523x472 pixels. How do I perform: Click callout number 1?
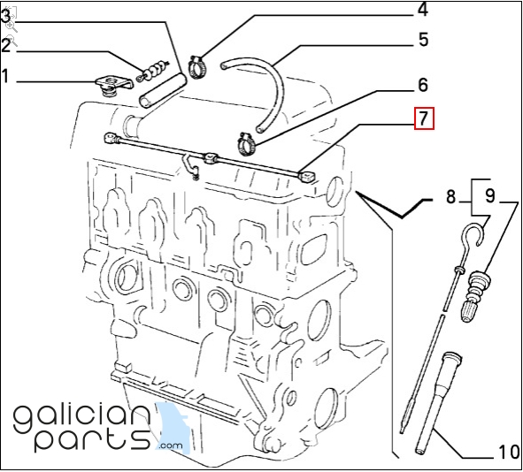click(4, 76)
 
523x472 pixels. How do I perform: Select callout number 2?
click(5, 45)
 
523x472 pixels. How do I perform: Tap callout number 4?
click(423, 10)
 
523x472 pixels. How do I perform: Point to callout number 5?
click(423, 39)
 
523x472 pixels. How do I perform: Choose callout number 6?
click(423, 85)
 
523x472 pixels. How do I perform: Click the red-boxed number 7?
click(424, 118)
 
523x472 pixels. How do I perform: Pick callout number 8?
click(450, 196)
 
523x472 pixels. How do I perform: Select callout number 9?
click(489, 196)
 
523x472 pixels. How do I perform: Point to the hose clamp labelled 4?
click(196, 67)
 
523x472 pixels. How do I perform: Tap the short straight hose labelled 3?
click(163, 91)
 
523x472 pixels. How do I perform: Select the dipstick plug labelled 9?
click(475, 296)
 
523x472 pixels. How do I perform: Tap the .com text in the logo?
click(171, 445)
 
